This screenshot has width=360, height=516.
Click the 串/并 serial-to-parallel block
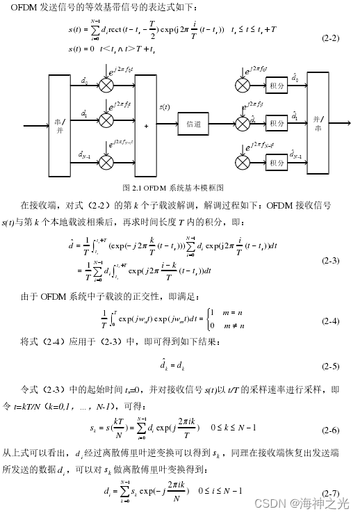(59, 124)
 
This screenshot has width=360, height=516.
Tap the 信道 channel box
(194, 124)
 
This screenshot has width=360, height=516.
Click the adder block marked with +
(146, 125)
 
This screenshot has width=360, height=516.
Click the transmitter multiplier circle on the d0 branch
(106, 85)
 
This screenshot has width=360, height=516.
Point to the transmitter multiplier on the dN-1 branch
(106, 161)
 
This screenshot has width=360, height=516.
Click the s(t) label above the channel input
(165, 106)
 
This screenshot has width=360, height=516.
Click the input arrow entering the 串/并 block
(35, 125)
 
